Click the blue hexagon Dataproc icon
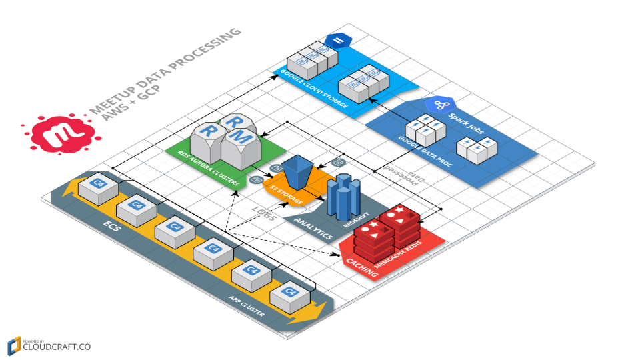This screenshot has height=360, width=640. pyautogui.click(x=443, y=105)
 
